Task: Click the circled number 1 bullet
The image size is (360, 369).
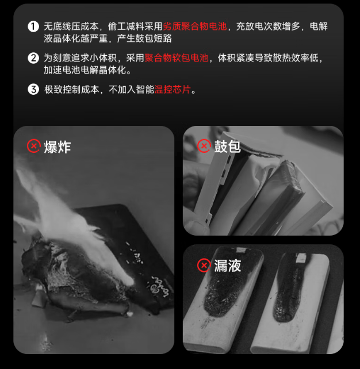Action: point(33,26)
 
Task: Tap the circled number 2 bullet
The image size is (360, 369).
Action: point(33,58)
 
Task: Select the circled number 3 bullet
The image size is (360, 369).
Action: point(33,90)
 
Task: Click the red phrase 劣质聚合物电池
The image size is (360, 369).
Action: point(195,26)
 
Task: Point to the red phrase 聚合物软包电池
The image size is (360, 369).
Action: point(177,58)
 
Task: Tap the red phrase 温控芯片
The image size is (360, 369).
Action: point(173,90)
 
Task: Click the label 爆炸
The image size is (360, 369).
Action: point(58,147)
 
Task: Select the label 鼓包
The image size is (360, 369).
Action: point(227,147)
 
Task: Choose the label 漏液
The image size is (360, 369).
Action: point(227,266)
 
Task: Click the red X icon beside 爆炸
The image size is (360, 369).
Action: point(34,146)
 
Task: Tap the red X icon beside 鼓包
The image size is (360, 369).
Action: point(204,145)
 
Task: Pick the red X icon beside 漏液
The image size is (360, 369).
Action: point(204,265)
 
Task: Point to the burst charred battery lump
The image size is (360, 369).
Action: point(75,275)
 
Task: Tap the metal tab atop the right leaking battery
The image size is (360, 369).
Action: point(301,258)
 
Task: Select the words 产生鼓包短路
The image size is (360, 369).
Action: point(144,39)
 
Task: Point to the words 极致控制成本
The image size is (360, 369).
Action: point(71,90)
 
